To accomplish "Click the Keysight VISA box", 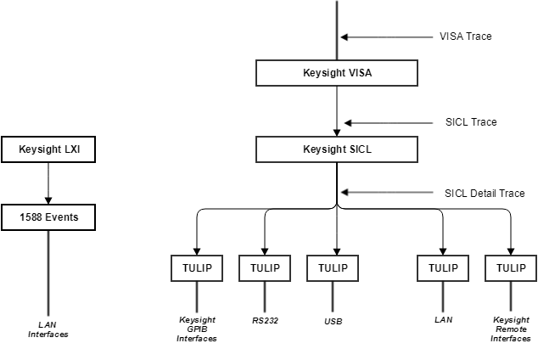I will click(337, 73).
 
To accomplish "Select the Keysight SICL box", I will click(337, 149).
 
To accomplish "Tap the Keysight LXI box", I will click(48, 150).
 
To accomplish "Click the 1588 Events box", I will click(48, 217).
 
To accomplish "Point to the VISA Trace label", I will click(465, 37).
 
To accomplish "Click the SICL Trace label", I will click(471, 122).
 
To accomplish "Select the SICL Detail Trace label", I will click(485, 194).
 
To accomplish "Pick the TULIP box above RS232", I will click(265, 267).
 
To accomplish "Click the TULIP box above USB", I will click(333, 267).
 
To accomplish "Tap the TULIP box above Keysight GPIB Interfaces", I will click(197, 267).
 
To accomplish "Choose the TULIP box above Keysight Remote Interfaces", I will click(511, 267).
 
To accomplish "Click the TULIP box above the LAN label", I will click(443, 267).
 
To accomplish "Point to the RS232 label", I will click(265, 321).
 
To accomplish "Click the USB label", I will click(333, 322).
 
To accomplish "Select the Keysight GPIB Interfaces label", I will click(197, 329).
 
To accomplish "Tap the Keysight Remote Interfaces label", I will click(511, 329).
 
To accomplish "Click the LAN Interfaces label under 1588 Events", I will click(48, 329).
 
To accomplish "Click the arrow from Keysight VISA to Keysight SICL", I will click(337, 111).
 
